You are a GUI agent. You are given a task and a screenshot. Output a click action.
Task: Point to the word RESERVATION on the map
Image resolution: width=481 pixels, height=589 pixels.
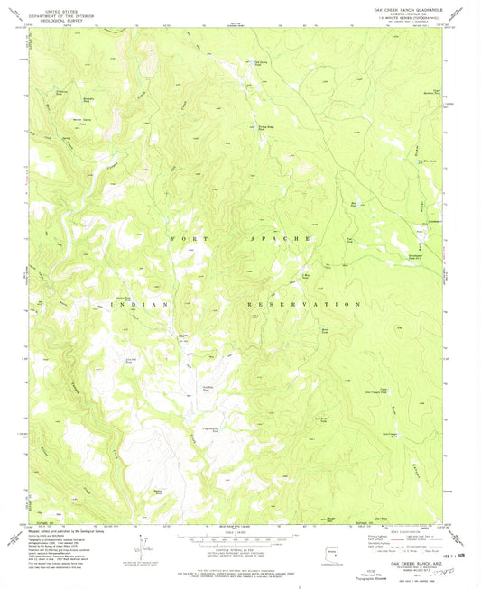305,306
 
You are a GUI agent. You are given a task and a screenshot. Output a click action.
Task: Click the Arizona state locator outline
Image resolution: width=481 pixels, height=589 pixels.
335,552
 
